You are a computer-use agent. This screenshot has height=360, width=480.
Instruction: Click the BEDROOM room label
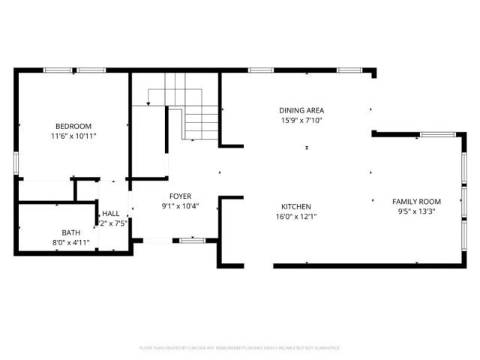(x=73, y=126)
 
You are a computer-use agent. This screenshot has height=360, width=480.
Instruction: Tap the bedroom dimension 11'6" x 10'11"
(x=73, y=136)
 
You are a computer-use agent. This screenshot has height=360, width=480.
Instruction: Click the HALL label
(x=111, y=214)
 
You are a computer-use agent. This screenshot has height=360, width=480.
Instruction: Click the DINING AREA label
(x=302, y=109)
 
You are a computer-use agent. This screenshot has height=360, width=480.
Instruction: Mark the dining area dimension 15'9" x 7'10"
(x=302, y=120)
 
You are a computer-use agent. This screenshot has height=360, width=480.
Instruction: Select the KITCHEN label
(x=295, y=206)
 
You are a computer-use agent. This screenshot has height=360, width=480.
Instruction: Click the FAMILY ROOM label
(x=416, y=201)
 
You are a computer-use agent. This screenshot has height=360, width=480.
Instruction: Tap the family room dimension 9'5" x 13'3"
(x=416, y=211)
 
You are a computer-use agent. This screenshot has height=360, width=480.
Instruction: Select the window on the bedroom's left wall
(x=15, y=163)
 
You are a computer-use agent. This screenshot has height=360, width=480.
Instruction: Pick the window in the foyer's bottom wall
(x=193, y=240)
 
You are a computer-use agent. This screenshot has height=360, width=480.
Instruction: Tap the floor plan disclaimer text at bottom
(x=240, y=348)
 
